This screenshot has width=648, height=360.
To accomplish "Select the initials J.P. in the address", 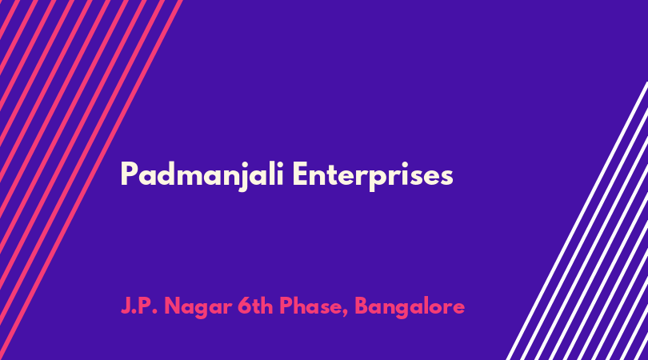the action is (139, 306).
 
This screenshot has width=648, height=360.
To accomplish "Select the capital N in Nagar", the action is (173, 306).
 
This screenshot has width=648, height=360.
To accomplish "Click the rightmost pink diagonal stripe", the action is (91, 180).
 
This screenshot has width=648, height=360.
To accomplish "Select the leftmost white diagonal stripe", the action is (578, 221).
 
